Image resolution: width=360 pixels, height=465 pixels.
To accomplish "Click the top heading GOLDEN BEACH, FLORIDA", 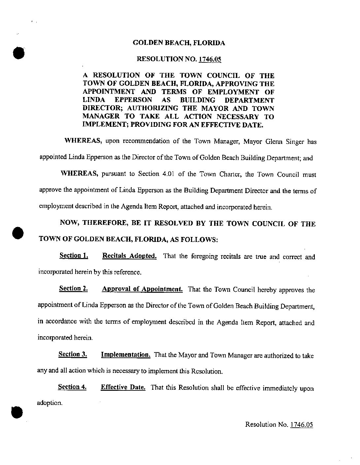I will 179,43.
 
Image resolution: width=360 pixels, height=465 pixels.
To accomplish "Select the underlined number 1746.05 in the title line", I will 210,59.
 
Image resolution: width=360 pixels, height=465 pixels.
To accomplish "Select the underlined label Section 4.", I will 72,387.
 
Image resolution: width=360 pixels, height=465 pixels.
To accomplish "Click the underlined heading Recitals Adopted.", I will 129,256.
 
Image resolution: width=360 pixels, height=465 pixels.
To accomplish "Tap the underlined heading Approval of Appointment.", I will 142,289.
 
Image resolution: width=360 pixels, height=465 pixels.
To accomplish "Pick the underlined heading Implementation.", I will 126,355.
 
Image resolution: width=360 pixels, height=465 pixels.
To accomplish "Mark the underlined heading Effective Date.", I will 123,387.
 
